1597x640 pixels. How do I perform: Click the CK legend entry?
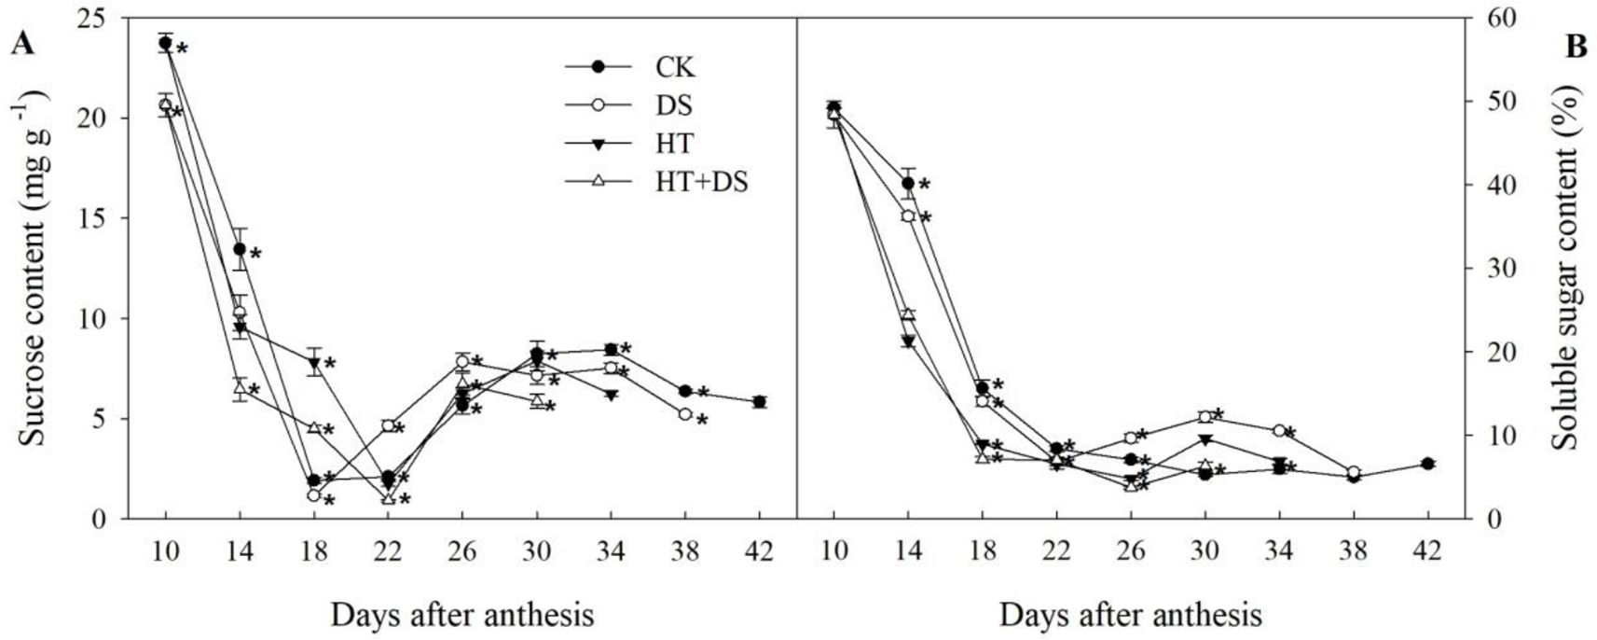click(643, 67)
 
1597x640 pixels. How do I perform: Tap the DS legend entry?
click(643, 105)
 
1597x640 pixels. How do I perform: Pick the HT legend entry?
click(643, 144)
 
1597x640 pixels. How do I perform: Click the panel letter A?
click(22, 45)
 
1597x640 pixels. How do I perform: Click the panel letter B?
click(1576, 47)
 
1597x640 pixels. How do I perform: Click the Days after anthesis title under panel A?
click(461, 615)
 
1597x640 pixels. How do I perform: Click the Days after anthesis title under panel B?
click(1130, 615)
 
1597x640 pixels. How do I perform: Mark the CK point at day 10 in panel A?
click(165, 43)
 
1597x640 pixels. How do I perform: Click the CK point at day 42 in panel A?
click(759, 401)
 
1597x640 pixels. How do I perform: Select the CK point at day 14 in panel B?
click(908, 183)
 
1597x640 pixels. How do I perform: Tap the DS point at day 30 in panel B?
click(1205, 416)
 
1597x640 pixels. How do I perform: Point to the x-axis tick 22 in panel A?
click(388, 551)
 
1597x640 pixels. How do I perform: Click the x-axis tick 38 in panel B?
click(1353, 551)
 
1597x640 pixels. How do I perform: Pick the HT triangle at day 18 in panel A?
click(314, 363)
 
